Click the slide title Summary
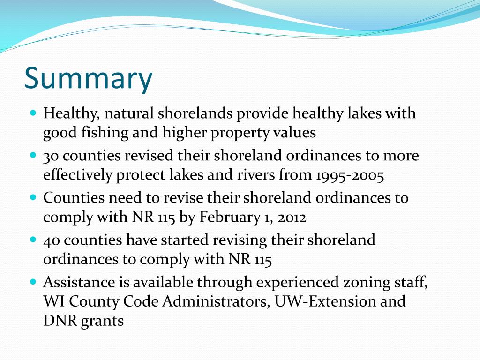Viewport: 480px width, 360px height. (88, 78)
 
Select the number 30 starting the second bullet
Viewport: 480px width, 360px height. (51, 156)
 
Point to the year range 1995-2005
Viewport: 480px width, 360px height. (350, 175)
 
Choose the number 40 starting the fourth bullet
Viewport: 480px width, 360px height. (52, 240)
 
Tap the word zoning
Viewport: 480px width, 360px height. (364, 282)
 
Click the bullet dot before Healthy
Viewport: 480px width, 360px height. (33, 113)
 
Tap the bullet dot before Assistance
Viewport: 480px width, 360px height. (33, 282)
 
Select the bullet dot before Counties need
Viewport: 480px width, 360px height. (33, 197)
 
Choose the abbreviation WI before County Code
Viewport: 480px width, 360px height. (52, 301)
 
